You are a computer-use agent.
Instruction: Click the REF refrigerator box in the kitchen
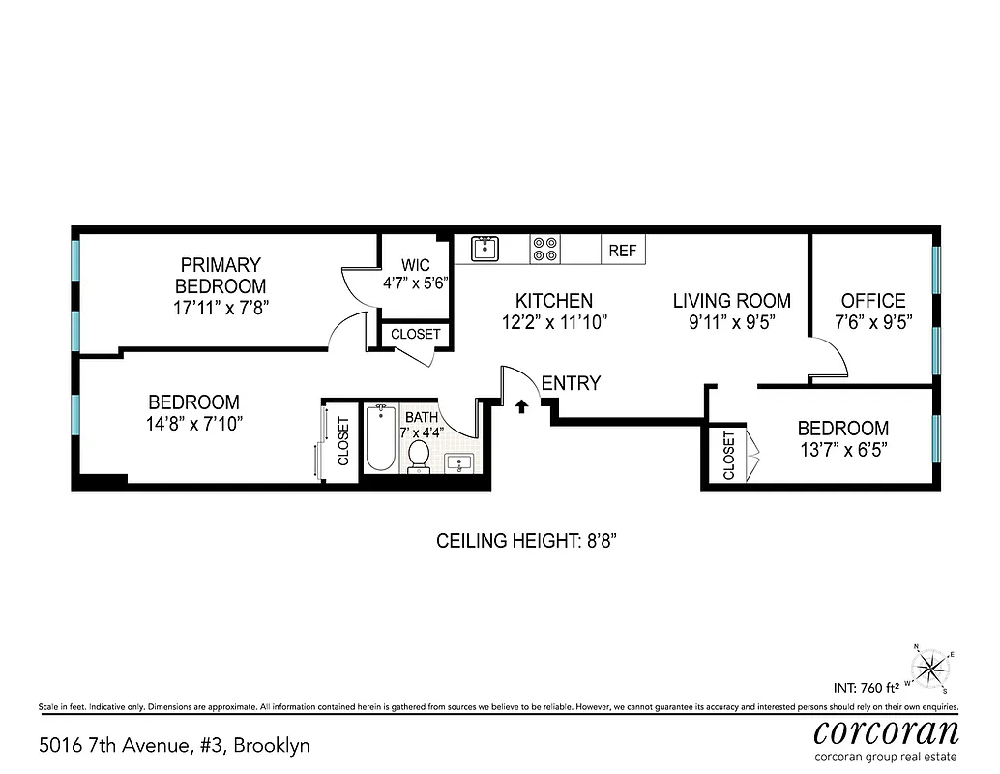coord(623,251)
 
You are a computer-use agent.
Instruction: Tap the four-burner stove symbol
coord(544,250)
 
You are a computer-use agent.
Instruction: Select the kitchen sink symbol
coord(485,250)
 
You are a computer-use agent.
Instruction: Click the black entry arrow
coord(521,406)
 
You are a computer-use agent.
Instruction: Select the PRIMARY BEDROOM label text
coord(220,276)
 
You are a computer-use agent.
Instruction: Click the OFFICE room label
coord(872,301)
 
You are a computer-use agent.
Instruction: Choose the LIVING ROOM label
coord(731,301)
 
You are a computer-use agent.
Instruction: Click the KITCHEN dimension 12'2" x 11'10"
coord(553,323)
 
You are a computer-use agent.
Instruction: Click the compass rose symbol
coord(931,667)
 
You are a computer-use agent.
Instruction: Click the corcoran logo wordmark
coord(886,730)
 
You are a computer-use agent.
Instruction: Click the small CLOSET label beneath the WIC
coord(415,334)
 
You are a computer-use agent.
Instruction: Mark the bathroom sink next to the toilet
coord(458,462)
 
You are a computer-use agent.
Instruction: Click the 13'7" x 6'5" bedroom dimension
coord(842,450)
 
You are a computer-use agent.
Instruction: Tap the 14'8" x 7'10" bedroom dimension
coord(193,424)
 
